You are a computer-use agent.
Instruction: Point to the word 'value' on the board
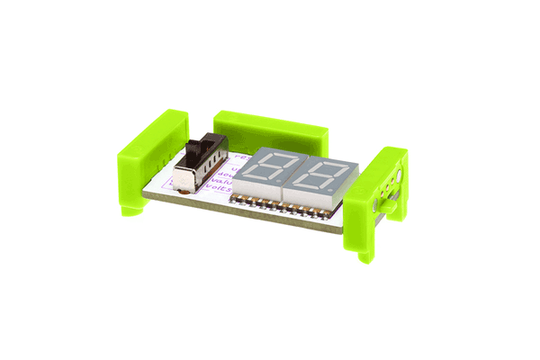pos(222,181)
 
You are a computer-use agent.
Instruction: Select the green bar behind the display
pos(269,129)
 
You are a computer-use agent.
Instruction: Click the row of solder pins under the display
pos(279,208)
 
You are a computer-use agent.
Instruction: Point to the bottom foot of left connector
pos(130,209)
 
